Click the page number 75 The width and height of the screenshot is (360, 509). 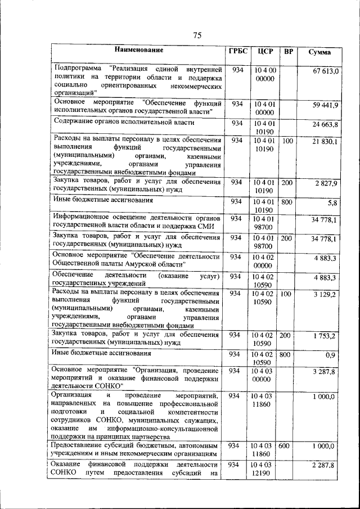click(197, 36)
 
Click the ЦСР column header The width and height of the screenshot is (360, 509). click(265, 52)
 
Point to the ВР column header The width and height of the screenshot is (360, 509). click(289, 52)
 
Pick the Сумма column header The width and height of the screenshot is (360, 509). click(319, 52)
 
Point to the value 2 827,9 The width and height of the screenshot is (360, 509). click(327, 184)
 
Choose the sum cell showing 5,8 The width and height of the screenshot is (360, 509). click(332, 202)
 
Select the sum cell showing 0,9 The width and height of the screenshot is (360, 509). click(332, 355)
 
